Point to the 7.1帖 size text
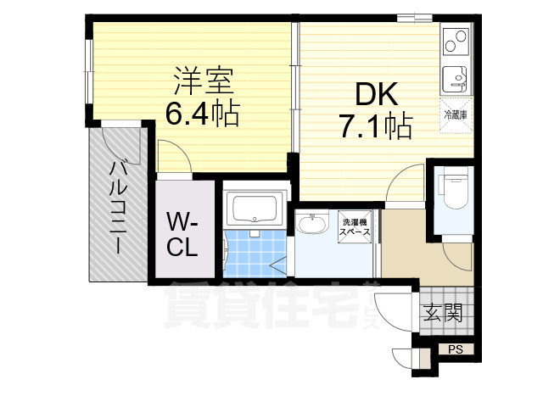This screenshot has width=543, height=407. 375,127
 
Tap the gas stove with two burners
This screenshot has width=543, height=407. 456,39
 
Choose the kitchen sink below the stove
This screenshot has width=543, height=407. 456,77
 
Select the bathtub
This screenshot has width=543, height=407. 255,209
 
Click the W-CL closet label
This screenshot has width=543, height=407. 182,236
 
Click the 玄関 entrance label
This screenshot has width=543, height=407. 441,315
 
